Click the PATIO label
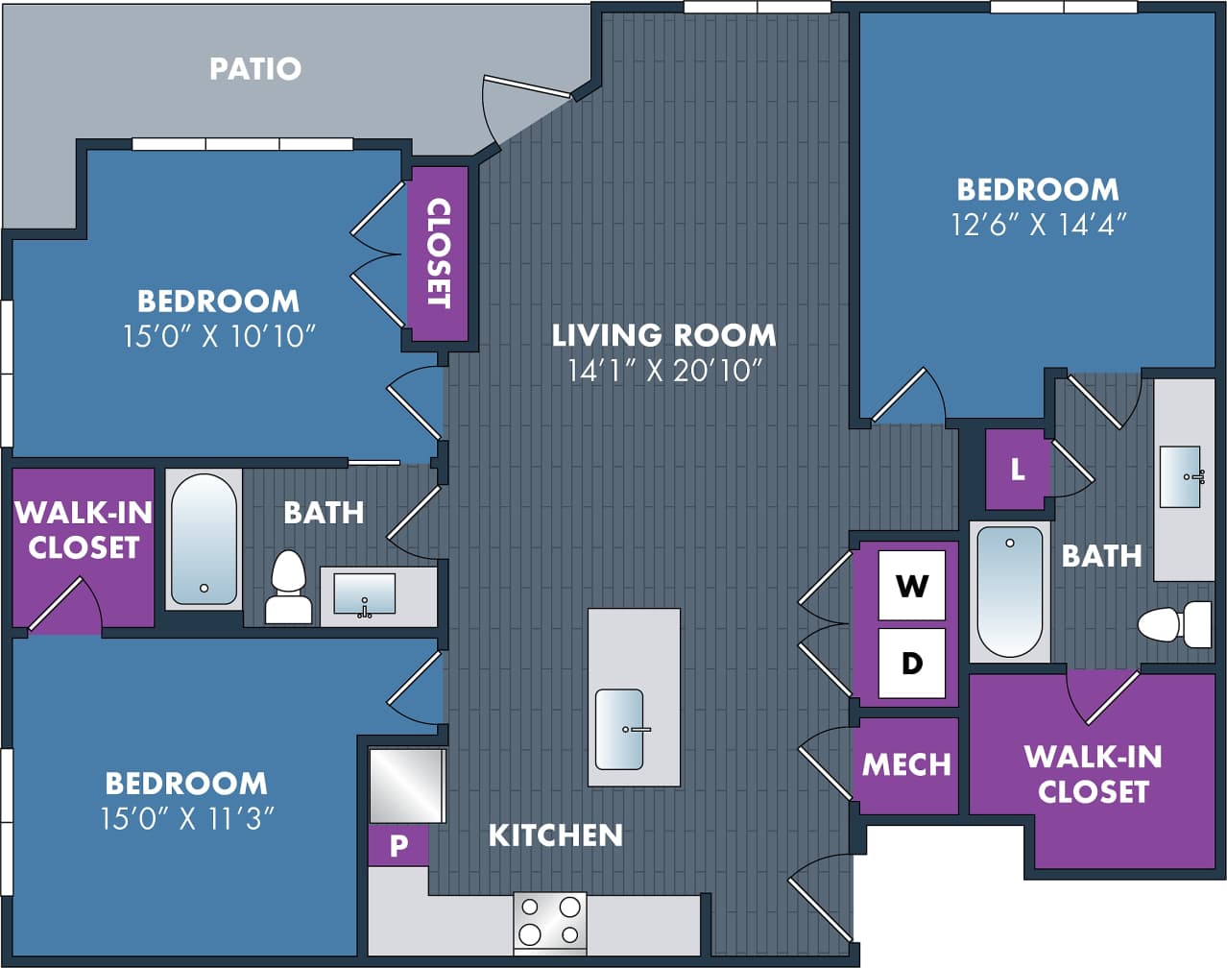255,68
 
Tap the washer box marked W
911,585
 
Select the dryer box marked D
911,663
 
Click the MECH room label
906,764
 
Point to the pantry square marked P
398,846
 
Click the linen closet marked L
1017,470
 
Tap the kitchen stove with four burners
549,921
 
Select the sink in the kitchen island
619,729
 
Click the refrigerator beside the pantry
407,786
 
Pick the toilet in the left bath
288,589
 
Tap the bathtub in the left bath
204,540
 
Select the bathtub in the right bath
1009,591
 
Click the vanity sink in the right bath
1180,476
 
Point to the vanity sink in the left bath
364,594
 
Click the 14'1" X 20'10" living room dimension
664,370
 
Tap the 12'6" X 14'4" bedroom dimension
1038,224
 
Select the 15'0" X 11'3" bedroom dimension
187,818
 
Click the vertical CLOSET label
438,254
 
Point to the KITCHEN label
555,835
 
